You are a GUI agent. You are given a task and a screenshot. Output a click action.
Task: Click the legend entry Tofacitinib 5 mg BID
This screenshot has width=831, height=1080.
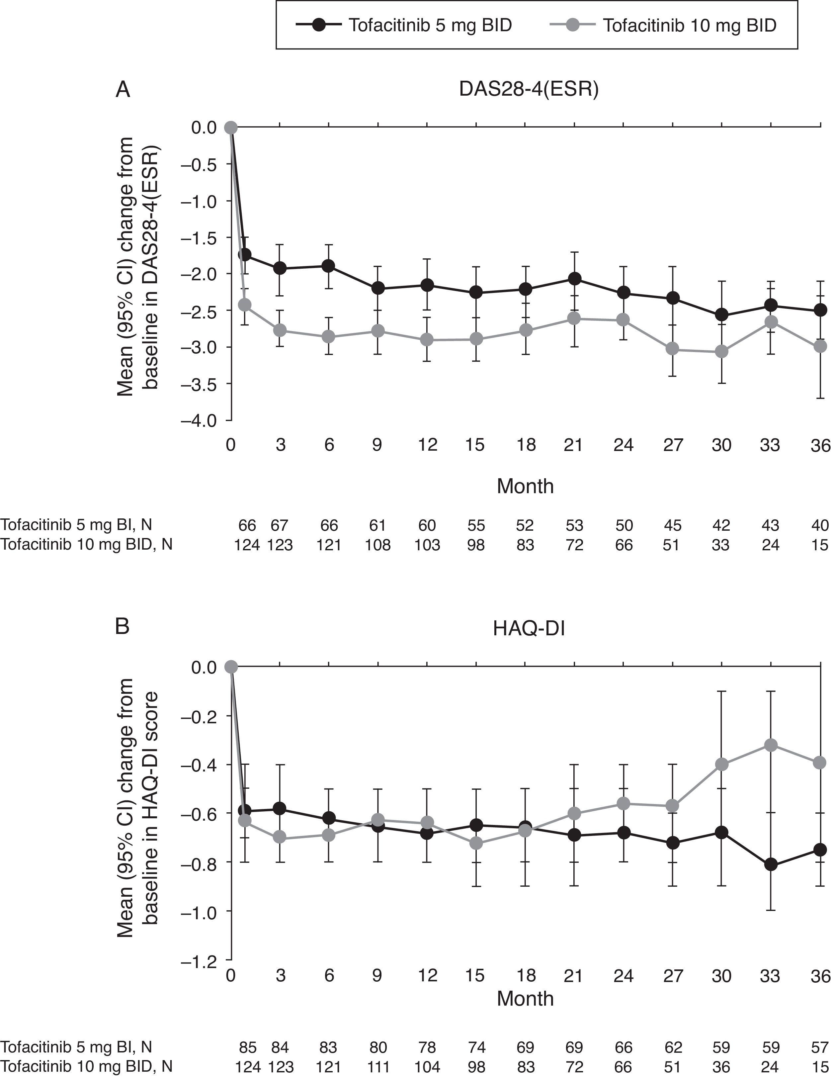[430, 25]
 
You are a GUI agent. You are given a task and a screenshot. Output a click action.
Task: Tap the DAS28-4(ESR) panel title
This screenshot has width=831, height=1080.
[529, 90]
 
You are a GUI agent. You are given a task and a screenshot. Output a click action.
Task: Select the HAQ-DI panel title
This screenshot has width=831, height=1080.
[529, 629]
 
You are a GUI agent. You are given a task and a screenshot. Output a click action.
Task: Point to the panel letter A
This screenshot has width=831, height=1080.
[123, 90]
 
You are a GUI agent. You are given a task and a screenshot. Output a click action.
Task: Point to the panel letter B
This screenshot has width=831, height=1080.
[122, 626]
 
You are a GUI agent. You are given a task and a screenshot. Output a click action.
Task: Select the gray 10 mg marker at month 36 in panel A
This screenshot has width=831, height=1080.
[820, 346]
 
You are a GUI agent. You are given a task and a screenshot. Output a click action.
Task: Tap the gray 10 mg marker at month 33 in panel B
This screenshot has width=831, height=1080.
[771, 745]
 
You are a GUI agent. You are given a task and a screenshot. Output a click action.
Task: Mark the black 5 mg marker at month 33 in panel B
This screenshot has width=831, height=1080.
[771, 864]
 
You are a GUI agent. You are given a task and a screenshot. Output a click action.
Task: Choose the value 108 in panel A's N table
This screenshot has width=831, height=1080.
[378, 545]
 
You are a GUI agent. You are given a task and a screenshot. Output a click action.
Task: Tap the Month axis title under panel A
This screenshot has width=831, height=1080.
[525, 487]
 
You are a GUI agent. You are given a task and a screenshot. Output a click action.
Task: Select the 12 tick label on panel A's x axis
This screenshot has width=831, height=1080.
[427, 445]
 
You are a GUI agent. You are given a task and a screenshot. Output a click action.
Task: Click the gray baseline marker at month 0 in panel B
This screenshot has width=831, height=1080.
[231, 667]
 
